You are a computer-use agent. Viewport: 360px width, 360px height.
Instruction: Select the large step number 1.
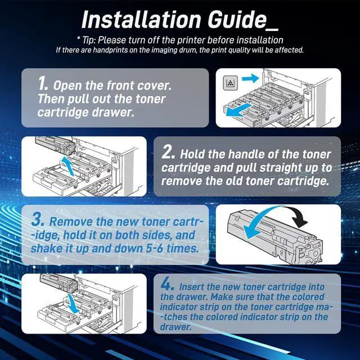(x=43, y=84)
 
